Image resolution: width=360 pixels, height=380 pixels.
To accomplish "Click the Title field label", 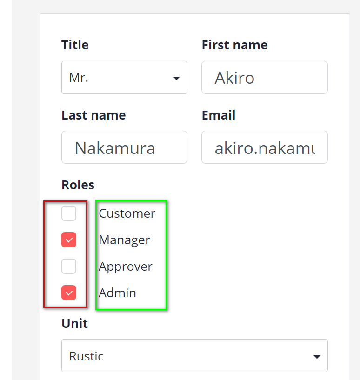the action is [75, 45].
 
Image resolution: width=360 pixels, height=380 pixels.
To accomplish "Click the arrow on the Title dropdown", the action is [176, 78].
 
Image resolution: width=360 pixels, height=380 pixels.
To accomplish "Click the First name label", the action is [234, 45].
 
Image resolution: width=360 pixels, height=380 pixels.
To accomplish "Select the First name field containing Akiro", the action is [264, 78].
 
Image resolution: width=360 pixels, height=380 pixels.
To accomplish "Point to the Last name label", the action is [93, 115].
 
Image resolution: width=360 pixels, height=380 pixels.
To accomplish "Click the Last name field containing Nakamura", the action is [124, 147].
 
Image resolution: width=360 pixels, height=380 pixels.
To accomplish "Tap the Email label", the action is [219, 115].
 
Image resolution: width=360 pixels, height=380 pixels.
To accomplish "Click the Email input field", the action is [264, 147].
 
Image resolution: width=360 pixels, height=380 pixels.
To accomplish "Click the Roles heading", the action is [78, 185].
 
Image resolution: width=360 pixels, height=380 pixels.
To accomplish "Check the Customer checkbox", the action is [69, 213].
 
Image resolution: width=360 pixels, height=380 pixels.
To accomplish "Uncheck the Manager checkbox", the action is [69, 240].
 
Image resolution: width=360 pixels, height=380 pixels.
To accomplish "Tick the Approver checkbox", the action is [69, 267].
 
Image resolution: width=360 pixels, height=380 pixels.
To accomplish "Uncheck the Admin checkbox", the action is [69, 293].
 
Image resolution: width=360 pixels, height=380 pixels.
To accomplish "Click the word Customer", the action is [127, 213].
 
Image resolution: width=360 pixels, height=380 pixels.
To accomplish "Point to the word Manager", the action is [125, 240].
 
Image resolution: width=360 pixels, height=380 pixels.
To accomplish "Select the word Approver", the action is [126, 267].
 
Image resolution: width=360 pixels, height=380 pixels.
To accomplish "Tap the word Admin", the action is [118, 293].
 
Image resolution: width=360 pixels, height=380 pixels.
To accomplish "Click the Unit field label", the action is [74, 324].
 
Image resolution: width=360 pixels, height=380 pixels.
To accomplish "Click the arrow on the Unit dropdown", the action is [317, 357].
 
